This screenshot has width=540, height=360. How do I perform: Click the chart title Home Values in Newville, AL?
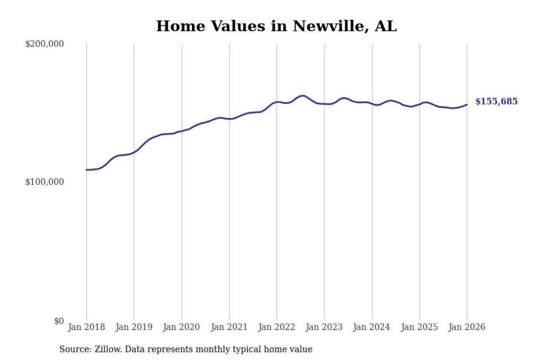coord(276,26)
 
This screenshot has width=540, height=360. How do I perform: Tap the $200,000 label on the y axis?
coord(44,44)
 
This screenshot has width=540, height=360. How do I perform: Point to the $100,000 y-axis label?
coord(44,182)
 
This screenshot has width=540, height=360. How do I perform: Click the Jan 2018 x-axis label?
coord(86,328)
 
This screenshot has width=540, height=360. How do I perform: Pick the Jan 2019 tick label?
coord(134,328)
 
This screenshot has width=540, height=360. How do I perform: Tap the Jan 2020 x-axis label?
coord(182,328)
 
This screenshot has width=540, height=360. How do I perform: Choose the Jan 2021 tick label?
coord(229,328)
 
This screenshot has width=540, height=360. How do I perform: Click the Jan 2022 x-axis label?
coord(277,328)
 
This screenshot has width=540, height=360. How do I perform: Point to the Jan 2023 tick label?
coord(324,328)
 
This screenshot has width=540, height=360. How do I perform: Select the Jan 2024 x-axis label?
coord(372,328)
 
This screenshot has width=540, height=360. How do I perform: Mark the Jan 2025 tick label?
coord(419,328)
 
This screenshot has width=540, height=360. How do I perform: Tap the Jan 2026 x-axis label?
coord(467,328)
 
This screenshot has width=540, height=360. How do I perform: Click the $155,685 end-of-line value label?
coord(496,102)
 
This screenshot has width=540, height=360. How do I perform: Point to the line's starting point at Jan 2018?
coord(87,170)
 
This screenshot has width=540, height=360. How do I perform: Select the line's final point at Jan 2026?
coord(467,105)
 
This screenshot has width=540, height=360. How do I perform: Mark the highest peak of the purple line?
coord(303,95)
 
